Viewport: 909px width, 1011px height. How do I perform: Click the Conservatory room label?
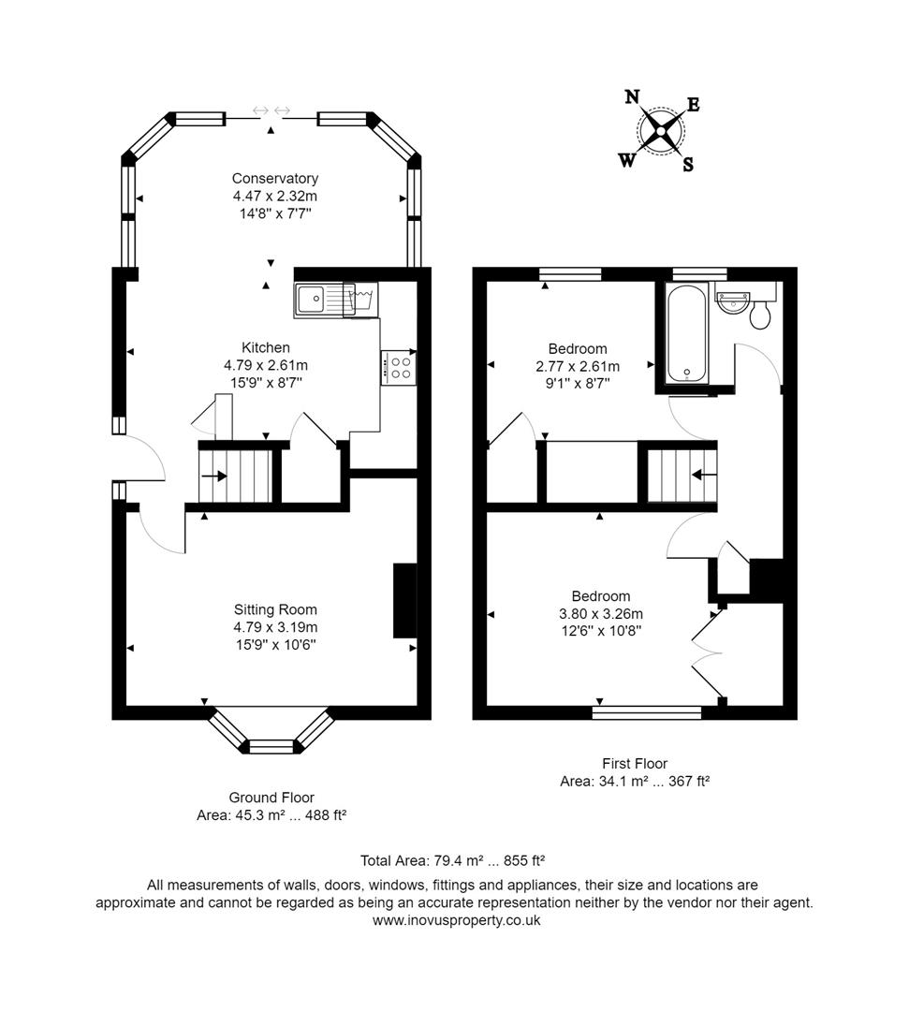[x=275, y=178]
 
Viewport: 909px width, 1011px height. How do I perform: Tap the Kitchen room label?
[x=266, y=347]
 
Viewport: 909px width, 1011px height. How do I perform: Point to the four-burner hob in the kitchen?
[x=400, y=366]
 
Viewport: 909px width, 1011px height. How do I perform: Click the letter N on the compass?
[x=632, y=96]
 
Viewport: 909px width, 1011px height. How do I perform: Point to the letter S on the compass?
[x=687, y=165]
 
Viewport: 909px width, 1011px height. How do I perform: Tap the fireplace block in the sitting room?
[x=404, y=600]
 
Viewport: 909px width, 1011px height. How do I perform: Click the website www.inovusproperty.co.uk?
[x=456, y=920]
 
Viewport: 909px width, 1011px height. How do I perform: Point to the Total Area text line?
[x=453, y=859]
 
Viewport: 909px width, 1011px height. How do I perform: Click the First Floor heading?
[x=635, y=763]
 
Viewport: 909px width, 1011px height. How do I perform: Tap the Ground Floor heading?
[x=271, y=798]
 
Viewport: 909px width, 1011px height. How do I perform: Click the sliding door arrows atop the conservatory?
[x=271, y=112]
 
